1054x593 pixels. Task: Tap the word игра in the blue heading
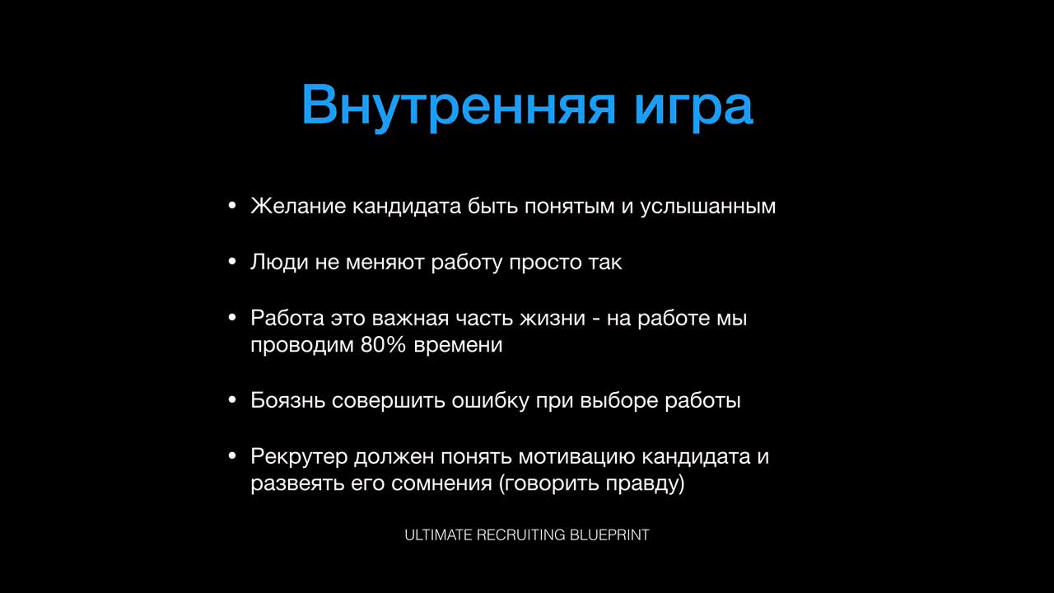click(694, 108)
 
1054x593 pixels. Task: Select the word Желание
click(298, 206)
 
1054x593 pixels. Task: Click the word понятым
click(569, 207)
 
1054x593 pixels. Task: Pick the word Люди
click(279, 262)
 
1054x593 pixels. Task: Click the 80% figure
click(383, 345)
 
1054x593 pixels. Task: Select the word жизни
click(553, 319)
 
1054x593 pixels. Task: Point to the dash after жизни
click(596, 320)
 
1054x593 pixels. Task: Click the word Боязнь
click(287, 400)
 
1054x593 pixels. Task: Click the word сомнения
click(441, 484)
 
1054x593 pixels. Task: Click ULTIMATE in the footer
click(438, 535)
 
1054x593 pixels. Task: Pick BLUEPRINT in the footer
click(609, 535)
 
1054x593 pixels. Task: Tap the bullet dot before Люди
click(231, 261)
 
